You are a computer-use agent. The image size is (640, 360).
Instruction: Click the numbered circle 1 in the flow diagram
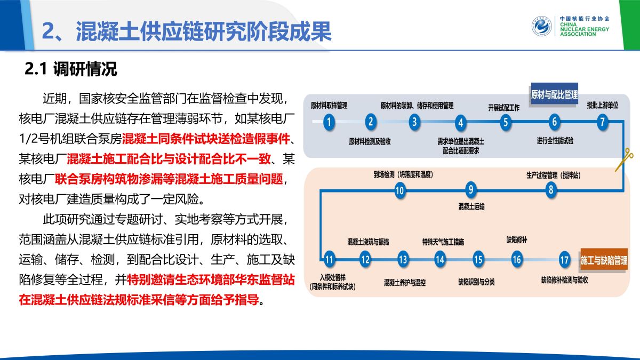329,122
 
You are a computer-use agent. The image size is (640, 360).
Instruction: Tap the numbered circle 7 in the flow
602,122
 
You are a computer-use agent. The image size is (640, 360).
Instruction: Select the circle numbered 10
400,190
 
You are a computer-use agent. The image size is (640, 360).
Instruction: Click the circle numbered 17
564,260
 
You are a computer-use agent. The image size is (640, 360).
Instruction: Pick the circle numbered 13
403,259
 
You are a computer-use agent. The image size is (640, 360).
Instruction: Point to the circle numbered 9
470,189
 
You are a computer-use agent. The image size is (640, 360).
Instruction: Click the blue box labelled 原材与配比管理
554,94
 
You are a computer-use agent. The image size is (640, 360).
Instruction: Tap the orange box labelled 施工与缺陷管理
604,260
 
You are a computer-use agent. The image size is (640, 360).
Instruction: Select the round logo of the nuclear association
541,26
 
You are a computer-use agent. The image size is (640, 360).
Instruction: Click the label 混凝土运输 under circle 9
471,206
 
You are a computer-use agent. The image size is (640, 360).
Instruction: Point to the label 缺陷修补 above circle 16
517,239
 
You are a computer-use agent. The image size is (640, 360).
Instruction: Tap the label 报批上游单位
603,106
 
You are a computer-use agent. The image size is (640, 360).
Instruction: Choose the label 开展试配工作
503,108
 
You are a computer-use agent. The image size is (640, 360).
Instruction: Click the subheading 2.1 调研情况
71,69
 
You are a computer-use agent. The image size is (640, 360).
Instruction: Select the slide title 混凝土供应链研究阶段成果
203,31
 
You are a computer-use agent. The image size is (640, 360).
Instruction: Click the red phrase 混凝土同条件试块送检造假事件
206,139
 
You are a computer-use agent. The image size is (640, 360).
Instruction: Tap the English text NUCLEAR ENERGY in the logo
585,29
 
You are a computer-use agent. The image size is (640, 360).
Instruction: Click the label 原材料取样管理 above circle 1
329,106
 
